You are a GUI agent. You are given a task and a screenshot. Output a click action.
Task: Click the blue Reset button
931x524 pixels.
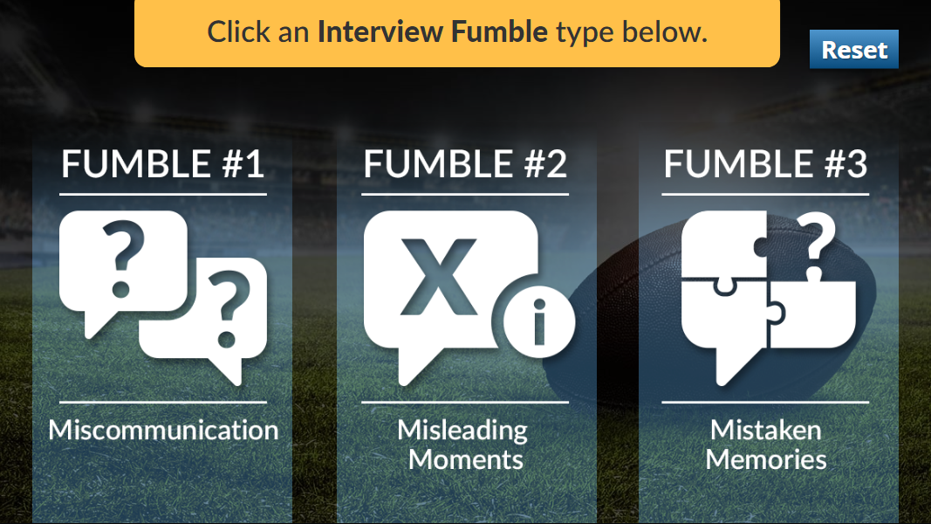click(854, 49)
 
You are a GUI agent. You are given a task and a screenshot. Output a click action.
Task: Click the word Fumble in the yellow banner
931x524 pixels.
click(499, 31)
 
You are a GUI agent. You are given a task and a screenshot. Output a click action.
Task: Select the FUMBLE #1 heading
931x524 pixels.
click(162, 164)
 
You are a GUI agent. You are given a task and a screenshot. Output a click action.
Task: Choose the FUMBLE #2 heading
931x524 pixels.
click(465, 164)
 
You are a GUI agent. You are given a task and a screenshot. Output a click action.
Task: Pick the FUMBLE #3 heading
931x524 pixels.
click(765, 164)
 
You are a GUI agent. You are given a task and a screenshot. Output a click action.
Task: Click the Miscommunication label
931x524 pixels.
click(163, 430)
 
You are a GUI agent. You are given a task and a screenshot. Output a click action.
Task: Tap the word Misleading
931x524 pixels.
click(462, 431)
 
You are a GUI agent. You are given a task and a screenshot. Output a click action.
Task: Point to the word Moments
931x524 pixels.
click(466, 460)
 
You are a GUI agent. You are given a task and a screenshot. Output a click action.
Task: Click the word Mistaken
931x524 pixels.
click(766, 430)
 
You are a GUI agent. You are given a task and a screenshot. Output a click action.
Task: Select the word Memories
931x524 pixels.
click(766, 460)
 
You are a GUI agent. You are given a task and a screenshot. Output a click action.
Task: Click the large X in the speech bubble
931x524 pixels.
click(439, 277)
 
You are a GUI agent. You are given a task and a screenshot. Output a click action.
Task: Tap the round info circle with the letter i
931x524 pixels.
click(539, 322)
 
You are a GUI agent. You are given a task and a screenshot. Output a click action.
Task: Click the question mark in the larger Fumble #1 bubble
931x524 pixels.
click(123, 259)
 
